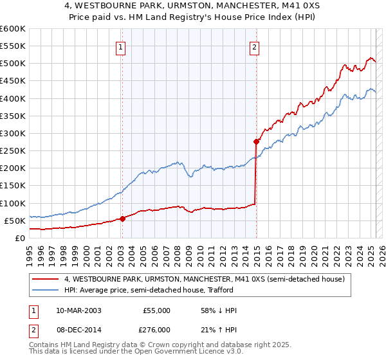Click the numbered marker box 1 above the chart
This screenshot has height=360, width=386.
click(122, 46)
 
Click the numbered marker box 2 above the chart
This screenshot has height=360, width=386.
click(255, 46)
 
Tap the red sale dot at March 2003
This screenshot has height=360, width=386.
click(122, 219)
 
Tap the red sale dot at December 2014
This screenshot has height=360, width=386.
click(256, 141)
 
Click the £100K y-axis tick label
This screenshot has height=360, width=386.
click(12, 203)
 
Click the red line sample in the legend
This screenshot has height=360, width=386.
click(45, 279)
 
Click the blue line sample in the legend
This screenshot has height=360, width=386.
click(45, 290)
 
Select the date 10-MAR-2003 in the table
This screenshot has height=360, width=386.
click(78, 310)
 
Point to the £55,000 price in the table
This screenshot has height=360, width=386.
click(156, 310)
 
